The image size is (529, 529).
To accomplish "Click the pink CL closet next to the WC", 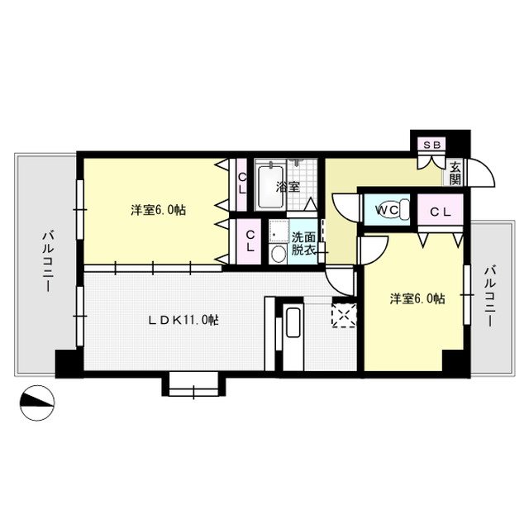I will [x=440, y=211].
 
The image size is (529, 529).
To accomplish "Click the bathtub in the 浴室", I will [x=269, y=186].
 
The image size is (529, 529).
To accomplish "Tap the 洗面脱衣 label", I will [x=303, y=243].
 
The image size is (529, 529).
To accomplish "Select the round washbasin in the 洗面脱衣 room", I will [x=277, y=253].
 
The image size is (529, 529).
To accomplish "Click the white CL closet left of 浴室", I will [x=241, y=181].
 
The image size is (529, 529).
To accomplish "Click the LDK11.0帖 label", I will [x=182, y=319].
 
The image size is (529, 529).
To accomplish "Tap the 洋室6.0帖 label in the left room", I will [x=157, y=210].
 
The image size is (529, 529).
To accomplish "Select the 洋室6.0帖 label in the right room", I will [x=417, y=298].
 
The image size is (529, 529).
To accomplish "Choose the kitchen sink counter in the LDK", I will [x=293, y=331].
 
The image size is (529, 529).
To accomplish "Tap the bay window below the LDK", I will [x=194, y=384].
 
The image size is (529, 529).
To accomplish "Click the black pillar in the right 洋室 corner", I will [x=452, y=360].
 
